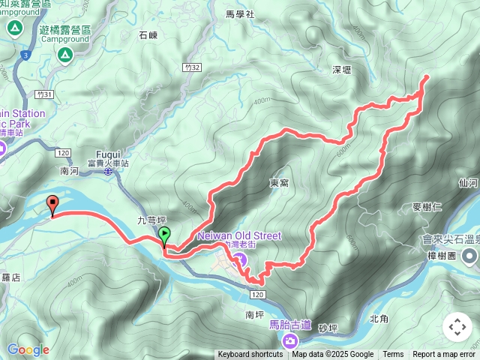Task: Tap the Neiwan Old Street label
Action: click(239, 235)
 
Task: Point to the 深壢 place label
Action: click(341, 70)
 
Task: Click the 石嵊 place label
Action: click(148, 34)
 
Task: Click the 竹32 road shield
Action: click(191, 67)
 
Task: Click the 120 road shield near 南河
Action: click(63, 153)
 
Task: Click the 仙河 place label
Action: click(468, 182)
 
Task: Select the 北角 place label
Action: click(379, 318)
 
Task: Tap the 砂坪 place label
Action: click(329, 327)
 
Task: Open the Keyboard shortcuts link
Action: click(250, 355)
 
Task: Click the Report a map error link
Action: click(444, 355)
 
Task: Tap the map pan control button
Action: click(457, 327)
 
